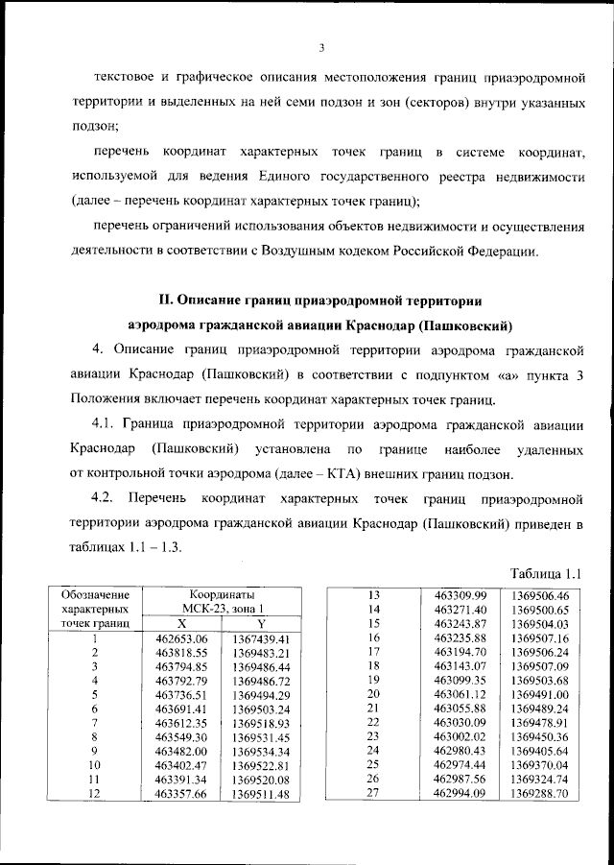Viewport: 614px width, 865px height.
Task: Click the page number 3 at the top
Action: click(322, 49)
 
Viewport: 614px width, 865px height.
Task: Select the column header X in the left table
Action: click(181, 623)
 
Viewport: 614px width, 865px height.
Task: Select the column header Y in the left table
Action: click(260, 623)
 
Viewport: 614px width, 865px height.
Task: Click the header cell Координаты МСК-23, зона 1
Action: click(221, 602)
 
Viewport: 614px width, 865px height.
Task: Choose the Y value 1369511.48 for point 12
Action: click(260, 793)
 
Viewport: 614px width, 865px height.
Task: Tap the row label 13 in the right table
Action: click(375, 595)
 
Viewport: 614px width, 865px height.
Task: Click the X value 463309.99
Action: click(460, 595)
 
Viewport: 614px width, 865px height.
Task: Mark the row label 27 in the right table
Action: click(375, 793)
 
